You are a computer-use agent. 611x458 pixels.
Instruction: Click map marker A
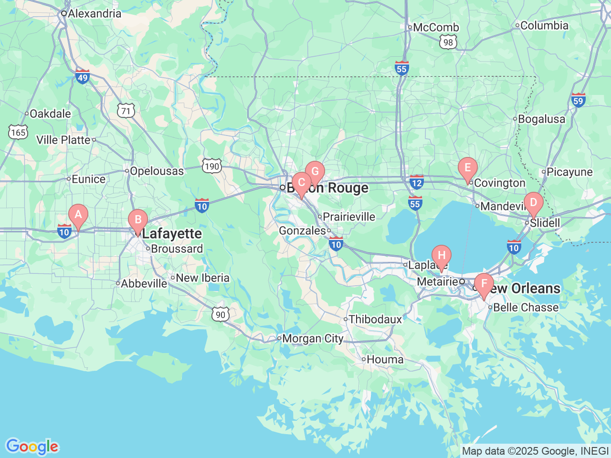[x=78, y=215]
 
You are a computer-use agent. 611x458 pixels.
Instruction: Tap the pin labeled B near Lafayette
[x=138, y=220]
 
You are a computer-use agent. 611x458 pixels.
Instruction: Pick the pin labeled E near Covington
[x=467, y=168]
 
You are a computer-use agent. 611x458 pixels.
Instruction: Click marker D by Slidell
[x=533, y=203]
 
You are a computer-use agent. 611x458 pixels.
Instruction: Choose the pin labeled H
[x=442, y=256]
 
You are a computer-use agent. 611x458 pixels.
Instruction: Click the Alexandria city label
[x=94, y=13]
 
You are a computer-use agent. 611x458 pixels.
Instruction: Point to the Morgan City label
[x=313, y=339]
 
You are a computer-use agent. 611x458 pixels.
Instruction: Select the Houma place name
[x=385, y=359]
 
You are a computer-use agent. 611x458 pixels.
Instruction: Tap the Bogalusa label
[x=541, y=119]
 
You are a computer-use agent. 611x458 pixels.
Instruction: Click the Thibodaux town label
[x=375, y=319]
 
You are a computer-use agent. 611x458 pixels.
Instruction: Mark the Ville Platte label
[x=63, y=140]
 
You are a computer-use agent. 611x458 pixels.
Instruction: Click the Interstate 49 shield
[x=83, y=76]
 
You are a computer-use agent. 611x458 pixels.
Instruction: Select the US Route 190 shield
[x=211, y=166]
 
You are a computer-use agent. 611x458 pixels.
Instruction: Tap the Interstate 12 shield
[x=416, y=182]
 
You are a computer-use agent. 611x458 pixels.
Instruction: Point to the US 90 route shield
[x=221, y=314]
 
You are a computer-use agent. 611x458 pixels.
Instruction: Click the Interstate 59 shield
[x=578, y=100]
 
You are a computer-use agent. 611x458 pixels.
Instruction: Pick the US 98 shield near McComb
[x=448, y=42]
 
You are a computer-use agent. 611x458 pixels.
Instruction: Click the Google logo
[x=32, y=447]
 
